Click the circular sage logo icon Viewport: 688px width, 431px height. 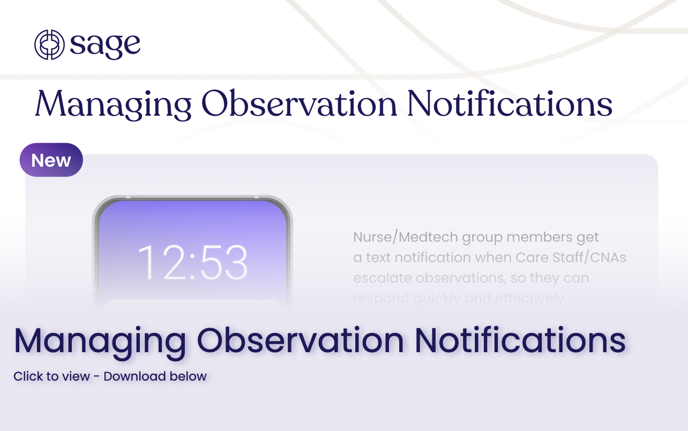pyautogui.click(x=49, y=44)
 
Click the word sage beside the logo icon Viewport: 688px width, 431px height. pyautogui.click(x=105, y=45)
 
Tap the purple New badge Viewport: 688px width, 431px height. pyautogui.click(x=51, y=160)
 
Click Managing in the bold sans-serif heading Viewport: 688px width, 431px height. pyautogui.click(x=100, y=341)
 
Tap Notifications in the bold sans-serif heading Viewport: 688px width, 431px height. pyautogui.click(x=520, y=340)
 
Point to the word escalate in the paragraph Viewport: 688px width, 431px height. pyautogui.click(x=380, y=278)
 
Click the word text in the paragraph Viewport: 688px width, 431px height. pyautogui.click(x=378, y=257)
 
